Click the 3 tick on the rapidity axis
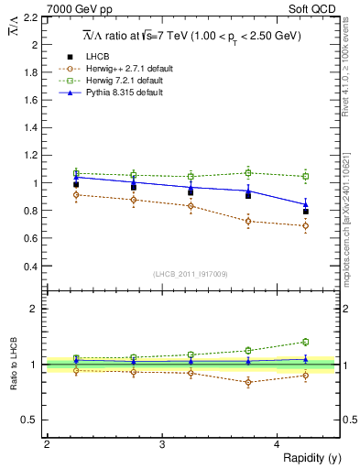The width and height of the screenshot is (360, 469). [162, 444]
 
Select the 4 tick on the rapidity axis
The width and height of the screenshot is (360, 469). [278, 444]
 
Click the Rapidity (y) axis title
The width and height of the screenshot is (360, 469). [308, 457]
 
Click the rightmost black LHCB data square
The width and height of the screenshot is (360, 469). [306, 212]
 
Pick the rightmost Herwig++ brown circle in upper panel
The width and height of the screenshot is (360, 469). [306, 225]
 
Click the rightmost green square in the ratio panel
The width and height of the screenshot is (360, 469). [306, 342]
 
